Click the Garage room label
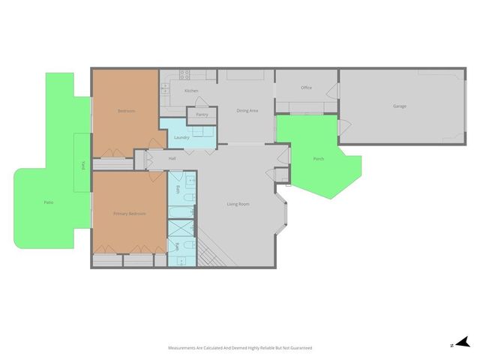pos(400,106)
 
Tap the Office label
pos(306,88)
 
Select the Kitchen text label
pos(191,91)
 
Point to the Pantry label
pos(202,115)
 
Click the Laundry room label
pos(181,137)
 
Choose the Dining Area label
pos(247,111)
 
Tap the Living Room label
pos(238,204)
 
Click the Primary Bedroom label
pos(129,214)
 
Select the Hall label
pos(172,158)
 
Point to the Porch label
pos(319,159)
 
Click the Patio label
pos(48,202)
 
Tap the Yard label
pos(82,166)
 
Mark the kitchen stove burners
pos(184,74)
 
